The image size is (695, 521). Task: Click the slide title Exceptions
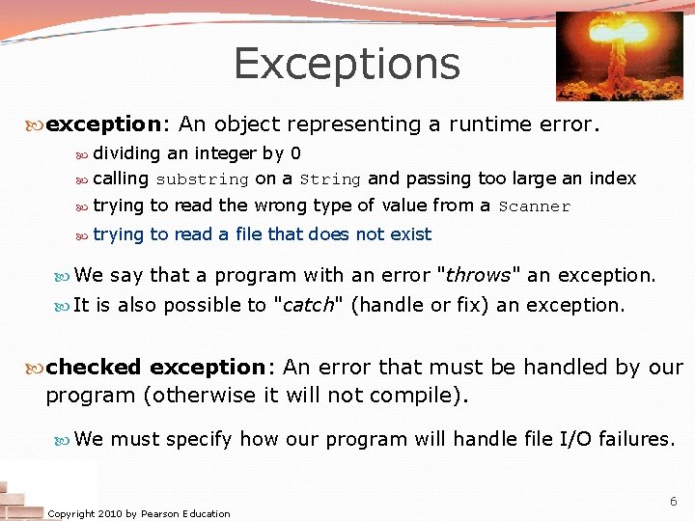[347, 64]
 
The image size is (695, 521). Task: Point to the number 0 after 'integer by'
[295, 153]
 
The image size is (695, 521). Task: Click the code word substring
[202, 179]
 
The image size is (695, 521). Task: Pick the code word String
[330, 179]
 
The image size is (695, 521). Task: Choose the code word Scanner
[535, 206]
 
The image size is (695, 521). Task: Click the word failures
[636, 440]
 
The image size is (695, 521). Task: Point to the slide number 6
[673, 501]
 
